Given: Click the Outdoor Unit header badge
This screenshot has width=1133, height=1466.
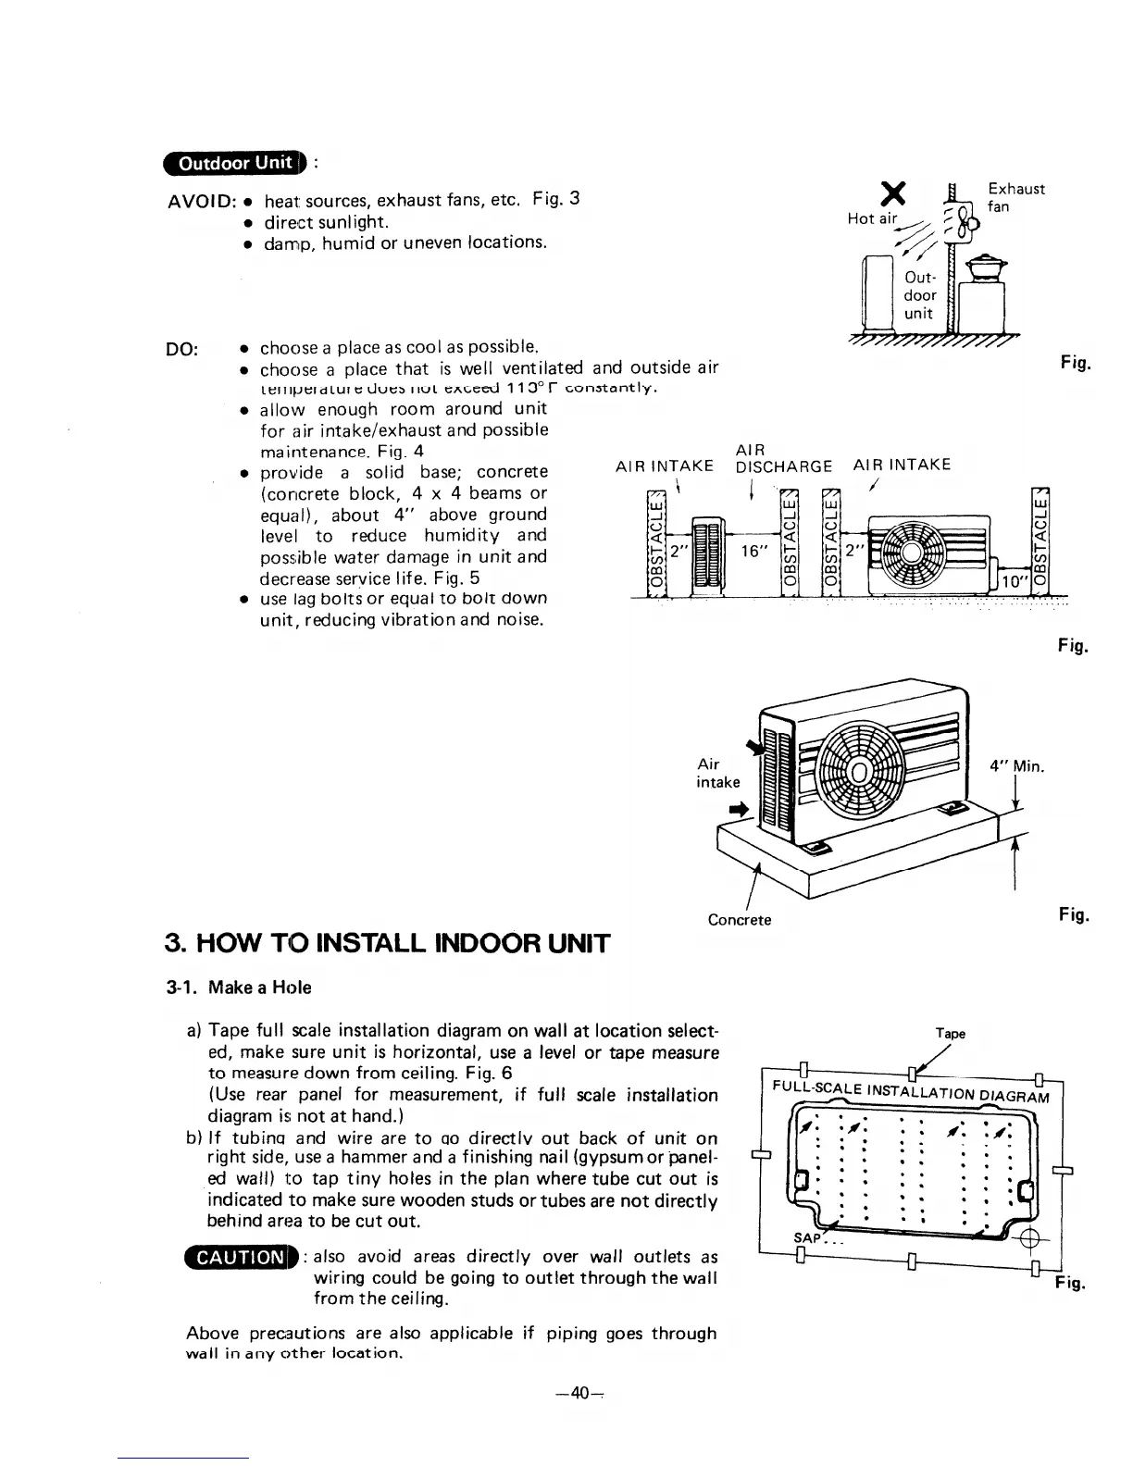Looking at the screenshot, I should click(x=234, y=164).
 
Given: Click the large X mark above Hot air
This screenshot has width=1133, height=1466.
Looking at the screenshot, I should click(x=892, y=193).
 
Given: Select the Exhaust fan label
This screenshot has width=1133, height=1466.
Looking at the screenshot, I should click(x=1015, y=197).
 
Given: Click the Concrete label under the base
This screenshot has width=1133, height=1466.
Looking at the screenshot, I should click(x=739, y=920).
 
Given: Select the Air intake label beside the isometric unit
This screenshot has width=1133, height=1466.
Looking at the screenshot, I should click(x=717, y=773).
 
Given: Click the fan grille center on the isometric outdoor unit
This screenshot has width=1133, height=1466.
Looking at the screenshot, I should click(x=861, y=772).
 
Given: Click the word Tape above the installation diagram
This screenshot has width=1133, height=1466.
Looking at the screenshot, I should click(x=951, y=1034).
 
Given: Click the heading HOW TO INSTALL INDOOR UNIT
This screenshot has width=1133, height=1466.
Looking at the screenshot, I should click(x=387, y=944).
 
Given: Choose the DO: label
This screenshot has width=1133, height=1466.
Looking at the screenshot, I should click(x=181, y=349).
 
